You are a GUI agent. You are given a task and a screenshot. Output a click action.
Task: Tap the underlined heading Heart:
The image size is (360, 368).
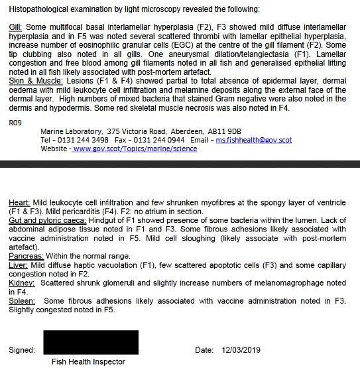pos(20,202)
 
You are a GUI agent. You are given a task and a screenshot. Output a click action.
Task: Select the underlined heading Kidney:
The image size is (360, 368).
pos(23,283)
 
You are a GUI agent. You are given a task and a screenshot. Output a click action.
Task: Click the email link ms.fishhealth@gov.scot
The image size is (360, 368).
pos(254,141)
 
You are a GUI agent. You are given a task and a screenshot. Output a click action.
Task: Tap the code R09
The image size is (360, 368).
pos(16,123)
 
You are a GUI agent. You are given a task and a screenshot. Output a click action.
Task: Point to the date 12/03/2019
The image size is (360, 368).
pos(242,350)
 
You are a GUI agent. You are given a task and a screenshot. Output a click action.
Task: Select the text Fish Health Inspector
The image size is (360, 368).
pos(88,362)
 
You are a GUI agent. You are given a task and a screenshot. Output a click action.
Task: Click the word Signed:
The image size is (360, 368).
pos(22,350)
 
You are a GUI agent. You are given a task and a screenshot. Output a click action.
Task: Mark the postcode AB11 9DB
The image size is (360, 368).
pos(225,131)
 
